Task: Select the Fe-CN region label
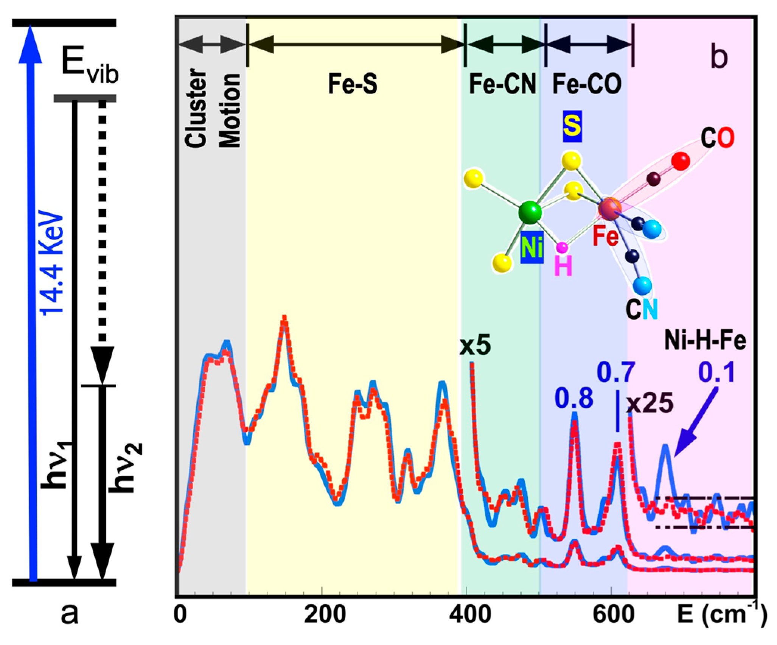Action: [503, 84]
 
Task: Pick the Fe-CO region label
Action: [587, 84]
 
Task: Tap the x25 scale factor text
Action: [650, 403]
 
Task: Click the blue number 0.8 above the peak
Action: [574, 399]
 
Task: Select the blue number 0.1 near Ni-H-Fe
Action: [716, 372]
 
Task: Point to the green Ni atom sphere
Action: [530, 212]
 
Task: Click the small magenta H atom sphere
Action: [562, 248]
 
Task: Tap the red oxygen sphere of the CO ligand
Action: [681, 161]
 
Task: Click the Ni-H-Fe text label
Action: [705, 341]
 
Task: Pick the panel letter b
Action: [719, 57]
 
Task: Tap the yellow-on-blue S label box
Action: [572, 126]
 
